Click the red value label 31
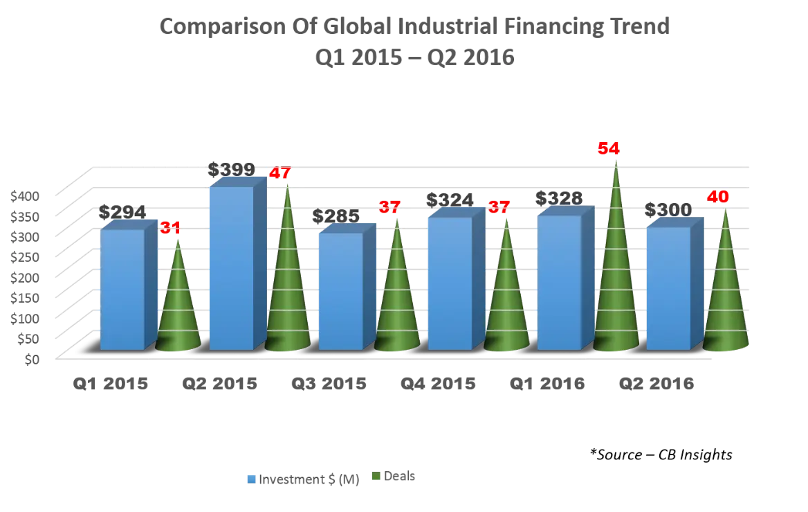pyautogui.click(x=170, y=227)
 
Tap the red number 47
pyautogui.click(x=279, y=173)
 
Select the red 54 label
pyautogui.click(x=609, y=148)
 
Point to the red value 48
pyautogui.click(x=717, y=197)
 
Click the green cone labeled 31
pyautogui.click(x=178, y=305)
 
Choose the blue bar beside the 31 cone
pyautogui.click(x=122, y=288)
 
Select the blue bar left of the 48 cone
pyautogui.click(x=668, y=288)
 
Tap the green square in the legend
pyautogui.click(x=377, y=477)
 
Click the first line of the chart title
pyautogui.click(x=412, y=28)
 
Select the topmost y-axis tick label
pyautogui.click(x=20, y=196)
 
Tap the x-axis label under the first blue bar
pyautogui.click(x=111, y=385)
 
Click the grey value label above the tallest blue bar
pyautogui.click(x=230, y=168)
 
